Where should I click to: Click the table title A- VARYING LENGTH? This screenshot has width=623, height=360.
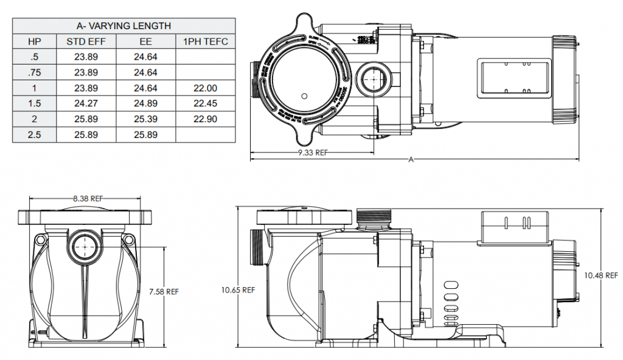point(124,26)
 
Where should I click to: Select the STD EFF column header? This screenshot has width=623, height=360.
point(86,41)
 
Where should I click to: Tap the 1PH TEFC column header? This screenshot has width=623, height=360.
point(205,41)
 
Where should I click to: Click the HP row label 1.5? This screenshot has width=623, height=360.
point(35,103)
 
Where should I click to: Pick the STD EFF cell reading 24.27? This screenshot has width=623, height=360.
point(86,103)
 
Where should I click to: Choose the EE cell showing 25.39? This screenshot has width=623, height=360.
point(146,119)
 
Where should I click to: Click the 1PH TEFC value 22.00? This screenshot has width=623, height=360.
point(205,88)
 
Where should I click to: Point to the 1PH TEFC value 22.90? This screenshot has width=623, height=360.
point(205,119)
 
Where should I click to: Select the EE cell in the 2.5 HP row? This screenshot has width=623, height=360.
point(146,134)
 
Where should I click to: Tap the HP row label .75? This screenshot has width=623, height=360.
point(35,72)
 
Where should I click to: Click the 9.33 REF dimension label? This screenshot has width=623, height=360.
point(313,153)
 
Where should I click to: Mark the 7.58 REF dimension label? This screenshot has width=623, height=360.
point(164,291)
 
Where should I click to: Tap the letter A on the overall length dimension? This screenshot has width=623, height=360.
point(411,160)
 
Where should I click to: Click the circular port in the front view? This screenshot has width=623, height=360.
point(83,247)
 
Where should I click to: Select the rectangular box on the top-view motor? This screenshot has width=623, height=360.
point(507,78)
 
